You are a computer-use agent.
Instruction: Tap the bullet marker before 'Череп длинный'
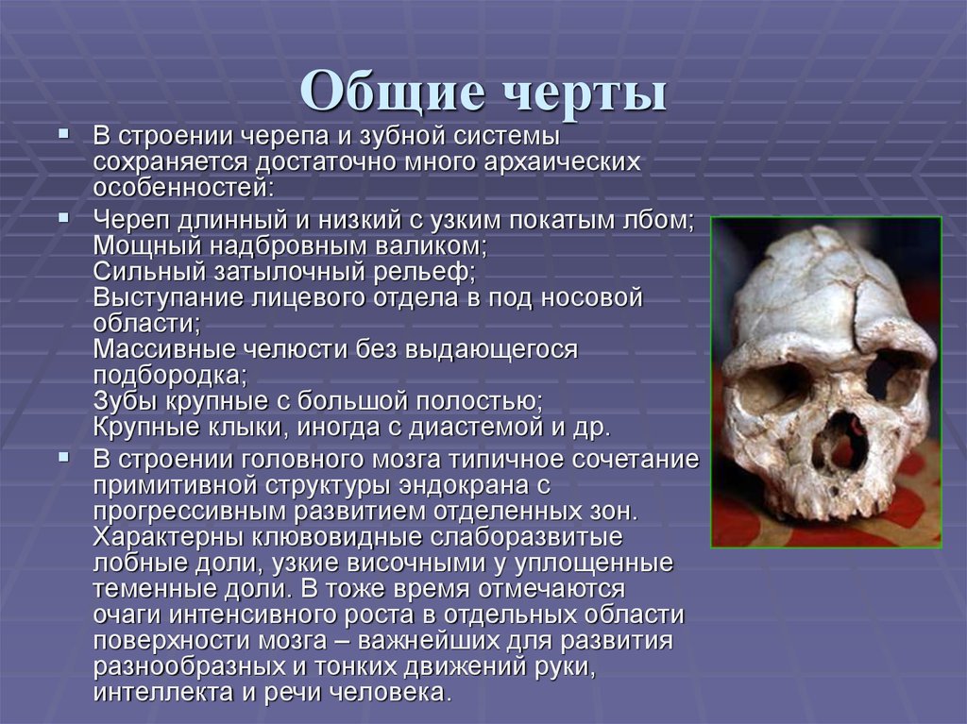coord(62,218)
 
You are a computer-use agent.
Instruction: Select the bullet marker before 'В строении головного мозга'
coord(62,456)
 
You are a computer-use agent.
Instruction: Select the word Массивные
coord(151,349)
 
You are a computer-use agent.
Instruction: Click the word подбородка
coord(166,375)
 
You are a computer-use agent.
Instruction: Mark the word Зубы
coord(123,400)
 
